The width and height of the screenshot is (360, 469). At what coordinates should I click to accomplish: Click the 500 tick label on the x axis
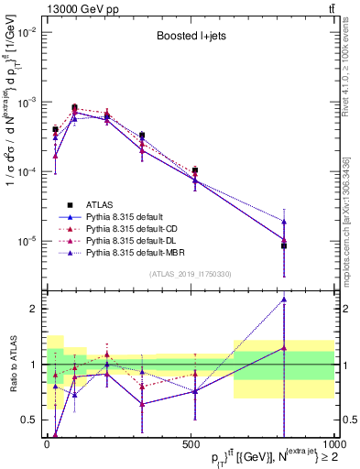190,445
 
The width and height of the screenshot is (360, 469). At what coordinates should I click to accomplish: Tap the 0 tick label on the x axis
47,445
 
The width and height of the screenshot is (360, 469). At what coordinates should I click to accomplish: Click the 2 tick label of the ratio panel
33,309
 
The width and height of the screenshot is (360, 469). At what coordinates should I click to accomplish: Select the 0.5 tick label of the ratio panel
29,420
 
